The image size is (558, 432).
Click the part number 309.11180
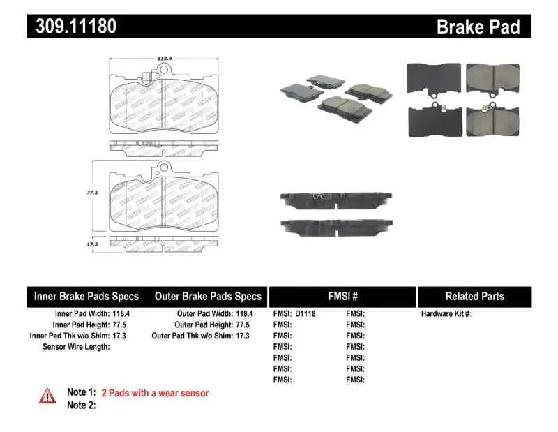coord(72,27)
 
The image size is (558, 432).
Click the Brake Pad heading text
coord(478,27)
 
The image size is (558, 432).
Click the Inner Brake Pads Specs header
coord(86,297)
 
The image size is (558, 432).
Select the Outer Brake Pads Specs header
coord(207,297)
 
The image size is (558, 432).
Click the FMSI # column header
coord(342,297)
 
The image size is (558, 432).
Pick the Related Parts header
coord(474,297)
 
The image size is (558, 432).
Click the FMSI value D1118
coord(306,314)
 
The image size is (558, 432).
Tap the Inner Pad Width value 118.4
coord(119,314)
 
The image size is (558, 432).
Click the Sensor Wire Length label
coord(76,347)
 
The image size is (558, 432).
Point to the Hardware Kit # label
coord(446,314)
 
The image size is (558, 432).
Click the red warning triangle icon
coord(47,396)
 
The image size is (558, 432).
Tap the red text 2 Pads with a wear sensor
coord(155,393)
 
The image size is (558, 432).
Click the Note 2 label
coord(81,405)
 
